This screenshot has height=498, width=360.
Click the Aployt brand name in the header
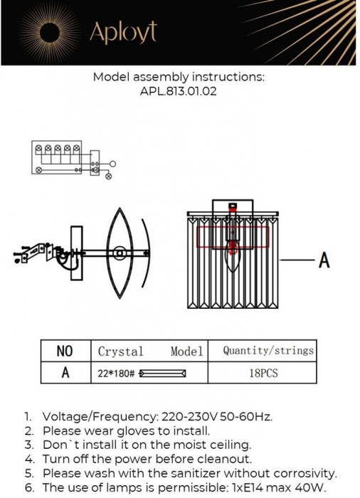122,32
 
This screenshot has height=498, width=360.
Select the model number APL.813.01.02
179,91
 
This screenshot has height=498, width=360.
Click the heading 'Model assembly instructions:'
179,77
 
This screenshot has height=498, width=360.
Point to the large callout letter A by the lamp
324,260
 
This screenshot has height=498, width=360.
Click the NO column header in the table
65,351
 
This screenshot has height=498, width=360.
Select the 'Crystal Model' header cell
150,351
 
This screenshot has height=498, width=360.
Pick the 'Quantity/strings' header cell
268,350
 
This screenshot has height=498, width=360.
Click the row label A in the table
65,372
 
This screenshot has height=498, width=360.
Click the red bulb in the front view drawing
232,248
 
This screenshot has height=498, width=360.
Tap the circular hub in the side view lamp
119,252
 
